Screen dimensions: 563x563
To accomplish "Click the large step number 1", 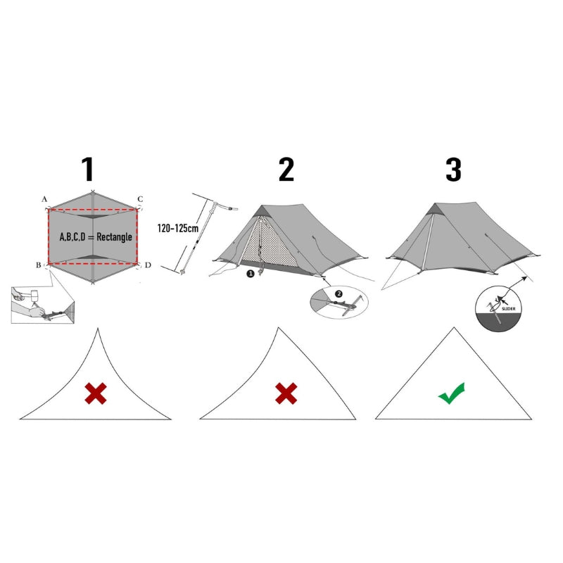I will pyautogui.click(x=87, y=170).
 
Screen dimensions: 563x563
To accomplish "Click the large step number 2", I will pyautogui.click(x=285, y=170).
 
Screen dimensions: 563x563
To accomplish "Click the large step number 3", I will pyautogui.click(x=453, y=170).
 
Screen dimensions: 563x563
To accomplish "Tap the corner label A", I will pyautogui.click(x=44, y=200).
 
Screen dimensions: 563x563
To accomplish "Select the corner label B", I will pyautogui.click(x=38, y=265).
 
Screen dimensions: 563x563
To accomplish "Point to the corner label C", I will pyautogui.click(x=140, y=199).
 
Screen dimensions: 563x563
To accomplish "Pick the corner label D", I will pyautogui.click(x=147, y=265).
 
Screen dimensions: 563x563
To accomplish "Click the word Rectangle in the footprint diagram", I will pyautogui.click(x=114, y=237).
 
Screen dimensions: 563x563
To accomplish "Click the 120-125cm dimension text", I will pyautogui.click(x=177, y=227).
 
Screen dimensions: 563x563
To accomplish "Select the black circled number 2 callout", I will pyautogui.click(x=339, y=293).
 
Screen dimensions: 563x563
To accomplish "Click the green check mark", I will pyautogui.click(x=451, y=393).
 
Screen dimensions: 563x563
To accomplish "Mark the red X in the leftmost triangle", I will pyautogui.click(x=96, y=393).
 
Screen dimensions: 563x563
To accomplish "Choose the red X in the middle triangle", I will pyautogui.click(x=285, y=393).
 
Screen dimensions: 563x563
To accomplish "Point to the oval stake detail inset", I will pyautogui.click(x=339, y=301).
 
